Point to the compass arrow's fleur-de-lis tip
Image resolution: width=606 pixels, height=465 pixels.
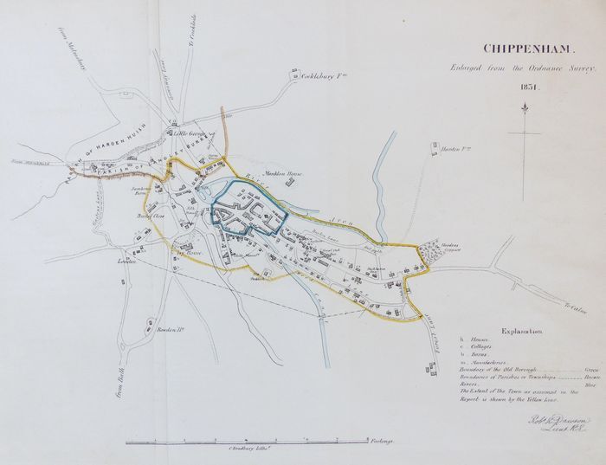click(x=525, y=108)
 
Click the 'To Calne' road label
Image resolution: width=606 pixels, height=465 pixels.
click(x=566, y=307)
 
